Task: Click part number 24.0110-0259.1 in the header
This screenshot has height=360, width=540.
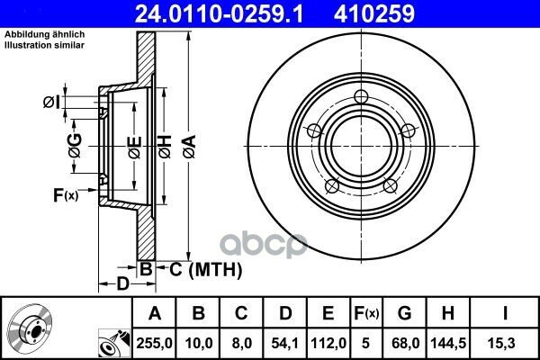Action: click(220, 13)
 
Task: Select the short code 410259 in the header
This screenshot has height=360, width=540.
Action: click(374, 13)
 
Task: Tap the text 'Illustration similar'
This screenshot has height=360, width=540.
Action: click(44, 45)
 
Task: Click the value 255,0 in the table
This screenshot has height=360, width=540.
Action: click(154, 343)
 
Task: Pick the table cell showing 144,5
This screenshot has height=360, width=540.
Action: click(448, 343)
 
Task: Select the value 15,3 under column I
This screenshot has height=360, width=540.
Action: click(504, 343)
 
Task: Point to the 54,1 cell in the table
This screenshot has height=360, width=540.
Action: click(284, 343)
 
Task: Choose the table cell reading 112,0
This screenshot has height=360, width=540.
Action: click(328, 343)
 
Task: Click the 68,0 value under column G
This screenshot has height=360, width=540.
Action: click(405, 343)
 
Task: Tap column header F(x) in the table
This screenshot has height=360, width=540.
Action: click(366, 313)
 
